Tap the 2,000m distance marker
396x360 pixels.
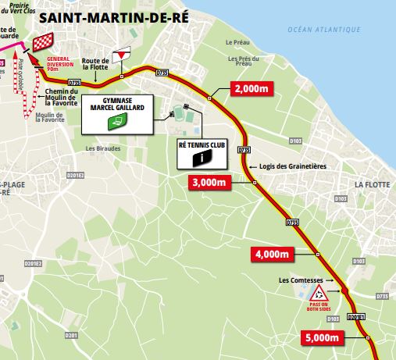252,90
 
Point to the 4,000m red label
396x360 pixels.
272,254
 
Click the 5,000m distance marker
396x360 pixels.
321,338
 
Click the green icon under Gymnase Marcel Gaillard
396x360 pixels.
117,121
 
